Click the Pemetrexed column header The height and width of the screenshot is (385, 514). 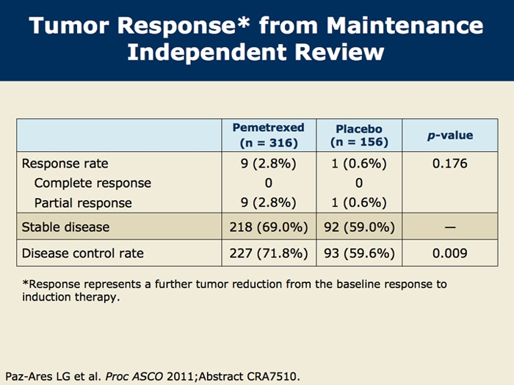pos(268,134)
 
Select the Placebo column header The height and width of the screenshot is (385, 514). pos(359,135)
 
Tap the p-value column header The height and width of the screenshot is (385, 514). pos(450,135)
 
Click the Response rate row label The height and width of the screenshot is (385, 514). pos(65,164)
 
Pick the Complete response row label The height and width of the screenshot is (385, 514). pos(93,183)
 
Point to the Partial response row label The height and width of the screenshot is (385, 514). pos(83,202)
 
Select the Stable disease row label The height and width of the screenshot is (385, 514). pos(65,227)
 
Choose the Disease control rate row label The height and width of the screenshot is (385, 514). pos(83,254)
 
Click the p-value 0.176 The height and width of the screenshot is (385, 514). pos(450,164)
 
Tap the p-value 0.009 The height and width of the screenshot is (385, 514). pos(450,254)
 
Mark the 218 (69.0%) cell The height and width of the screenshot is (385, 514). pos(268,227)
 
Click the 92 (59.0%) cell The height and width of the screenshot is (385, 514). pos(359,227)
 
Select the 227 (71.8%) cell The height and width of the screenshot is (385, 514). pos(268,254)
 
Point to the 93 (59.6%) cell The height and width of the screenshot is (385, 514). pos(359,254)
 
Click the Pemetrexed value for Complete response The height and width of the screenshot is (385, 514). pos(268,183)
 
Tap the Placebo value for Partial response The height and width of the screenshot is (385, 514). pos(359,202)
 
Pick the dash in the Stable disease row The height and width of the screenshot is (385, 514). pos(450,227)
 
